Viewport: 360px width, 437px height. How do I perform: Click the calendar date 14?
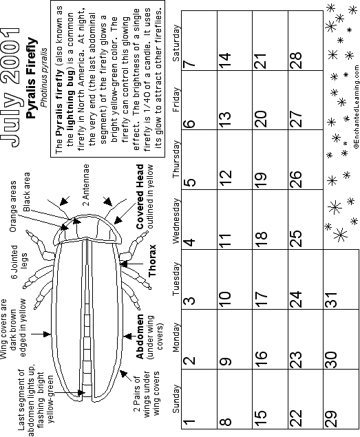[225, 61]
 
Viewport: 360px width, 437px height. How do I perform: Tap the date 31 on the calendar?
[331, 299]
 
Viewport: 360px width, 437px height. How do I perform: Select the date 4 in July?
[189, 242]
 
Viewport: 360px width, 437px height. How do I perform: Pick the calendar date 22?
[295, 418]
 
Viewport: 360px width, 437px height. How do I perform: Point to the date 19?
[260, 180]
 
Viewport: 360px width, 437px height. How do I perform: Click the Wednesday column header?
[176, 221]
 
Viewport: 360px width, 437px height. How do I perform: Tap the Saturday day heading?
[176, 43]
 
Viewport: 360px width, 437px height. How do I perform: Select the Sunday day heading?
[176, 399]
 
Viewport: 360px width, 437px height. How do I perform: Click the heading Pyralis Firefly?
[31, 78]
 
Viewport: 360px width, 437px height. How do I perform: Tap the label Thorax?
[152, 261]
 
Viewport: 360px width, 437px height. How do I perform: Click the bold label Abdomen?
[140, 337]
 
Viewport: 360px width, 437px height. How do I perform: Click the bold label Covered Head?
[140, 197]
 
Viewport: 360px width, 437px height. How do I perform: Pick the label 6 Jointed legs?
[19, 262]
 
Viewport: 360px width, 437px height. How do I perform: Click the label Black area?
[26, 192]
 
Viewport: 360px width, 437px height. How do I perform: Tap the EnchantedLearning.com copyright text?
[357, 107]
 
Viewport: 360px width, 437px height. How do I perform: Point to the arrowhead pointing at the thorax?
[123, 264]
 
